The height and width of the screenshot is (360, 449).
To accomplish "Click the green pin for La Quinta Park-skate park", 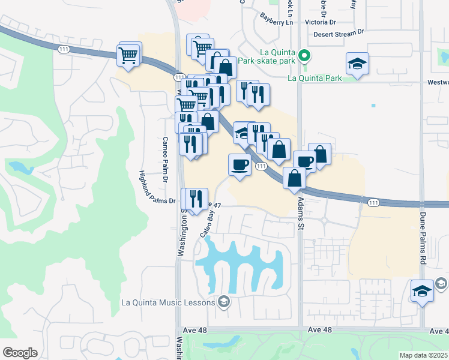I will tap(304, 58).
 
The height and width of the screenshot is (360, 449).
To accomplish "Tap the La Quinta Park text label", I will tap(315, 78).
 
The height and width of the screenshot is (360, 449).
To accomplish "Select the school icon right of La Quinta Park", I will tap(357, 64).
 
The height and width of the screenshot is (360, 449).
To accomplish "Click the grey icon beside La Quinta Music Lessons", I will tap(224, 301).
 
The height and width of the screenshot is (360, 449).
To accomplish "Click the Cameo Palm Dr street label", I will tap(165, 160).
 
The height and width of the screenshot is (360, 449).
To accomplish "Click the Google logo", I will tap(19, 353).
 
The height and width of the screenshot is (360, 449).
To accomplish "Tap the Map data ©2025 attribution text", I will tap(423, 355).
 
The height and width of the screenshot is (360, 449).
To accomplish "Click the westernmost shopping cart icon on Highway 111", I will tap(129, 55).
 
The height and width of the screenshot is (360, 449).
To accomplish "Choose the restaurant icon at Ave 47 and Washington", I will tap(196, 199).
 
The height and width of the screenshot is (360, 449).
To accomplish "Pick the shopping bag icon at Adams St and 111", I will tap(294, 178).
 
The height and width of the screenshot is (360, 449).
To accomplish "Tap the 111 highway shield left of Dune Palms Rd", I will tap(374, 203).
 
